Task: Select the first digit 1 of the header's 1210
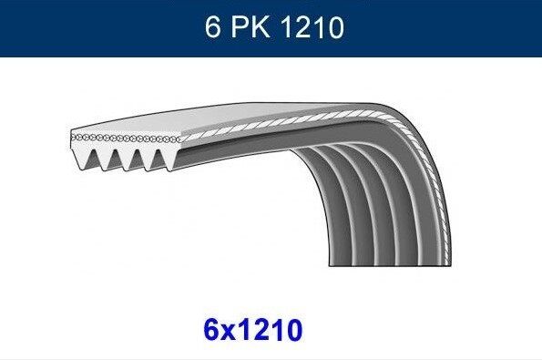pos(285,28)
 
